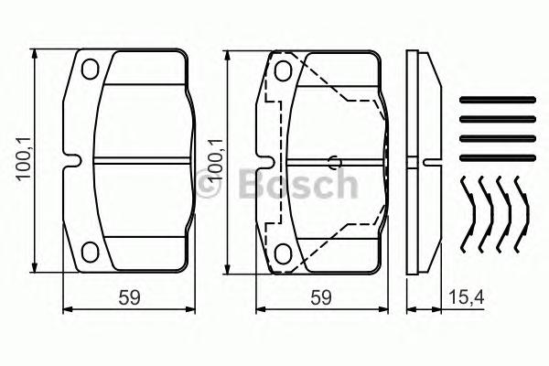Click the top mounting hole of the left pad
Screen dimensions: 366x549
90,69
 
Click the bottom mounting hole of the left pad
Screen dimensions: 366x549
90,252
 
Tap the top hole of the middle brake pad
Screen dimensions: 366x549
284,70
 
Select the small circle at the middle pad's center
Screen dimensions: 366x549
336,164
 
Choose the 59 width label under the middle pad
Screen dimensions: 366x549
318,296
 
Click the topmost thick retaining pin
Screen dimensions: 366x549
494,100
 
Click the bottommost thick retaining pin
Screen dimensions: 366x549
494,155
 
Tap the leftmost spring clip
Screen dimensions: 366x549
469,215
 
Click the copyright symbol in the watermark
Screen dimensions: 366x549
210,186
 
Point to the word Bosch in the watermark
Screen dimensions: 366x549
296,185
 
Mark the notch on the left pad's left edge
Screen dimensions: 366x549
68,161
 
